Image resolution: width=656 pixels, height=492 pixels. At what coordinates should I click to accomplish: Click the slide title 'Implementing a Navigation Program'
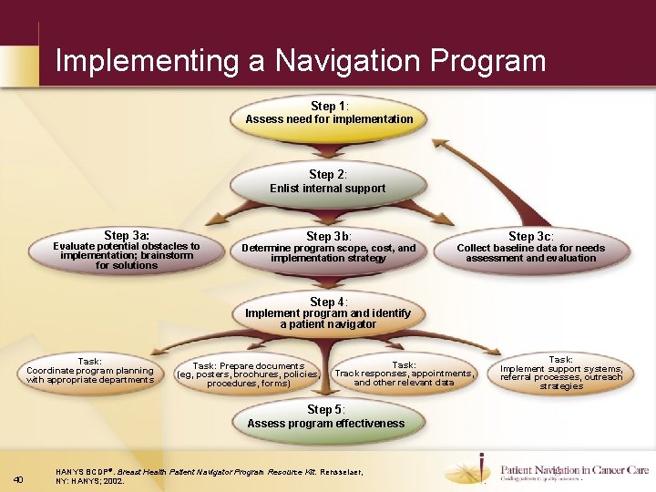tap(301, 61)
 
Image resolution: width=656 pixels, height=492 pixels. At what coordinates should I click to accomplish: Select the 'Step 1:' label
tap(328, 106)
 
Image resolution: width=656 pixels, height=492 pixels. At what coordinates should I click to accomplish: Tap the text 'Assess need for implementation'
tap(329, 119)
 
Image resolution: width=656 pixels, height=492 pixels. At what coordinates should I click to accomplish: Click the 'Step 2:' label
tap(328, 174)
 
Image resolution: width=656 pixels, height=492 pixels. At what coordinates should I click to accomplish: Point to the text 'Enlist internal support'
tap(327, 189)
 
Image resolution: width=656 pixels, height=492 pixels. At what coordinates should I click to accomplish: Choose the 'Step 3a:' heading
tap(127, 235)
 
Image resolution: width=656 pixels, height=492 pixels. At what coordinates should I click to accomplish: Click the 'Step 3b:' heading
tap(328, 236)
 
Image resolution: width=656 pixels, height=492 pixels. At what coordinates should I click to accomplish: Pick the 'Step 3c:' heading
tap(530, 236)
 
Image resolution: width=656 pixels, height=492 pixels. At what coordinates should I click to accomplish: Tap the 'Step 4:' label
tap(328, 302)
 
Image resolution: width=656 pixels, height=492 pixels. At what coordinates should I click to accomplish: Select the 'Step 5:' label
tap(326, 409)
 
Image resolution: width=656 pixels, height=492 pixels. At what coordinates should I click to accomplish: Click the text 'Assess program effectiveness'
tap(326, 424)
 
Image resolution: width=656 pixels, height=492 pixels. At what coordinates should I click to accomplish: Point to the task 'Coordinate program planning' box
tap(90, 371)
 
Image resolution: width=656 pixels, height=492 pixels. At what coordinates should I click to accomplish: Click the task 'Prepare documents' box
tap(248, 374)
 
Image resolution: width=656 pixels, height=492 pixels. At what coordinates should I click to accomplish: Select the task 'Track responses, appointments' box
tap(405, 374)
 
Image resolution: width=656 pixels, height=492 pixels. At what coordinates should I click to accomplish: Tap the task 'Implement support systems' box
tap(561, 373)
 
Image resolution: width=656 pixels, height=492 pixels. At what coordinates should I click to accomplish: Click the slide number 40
tap(20, 479)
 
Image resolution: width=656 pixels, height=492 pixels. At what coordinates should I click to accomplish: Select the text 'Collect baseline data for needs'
tap(530, 248)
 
